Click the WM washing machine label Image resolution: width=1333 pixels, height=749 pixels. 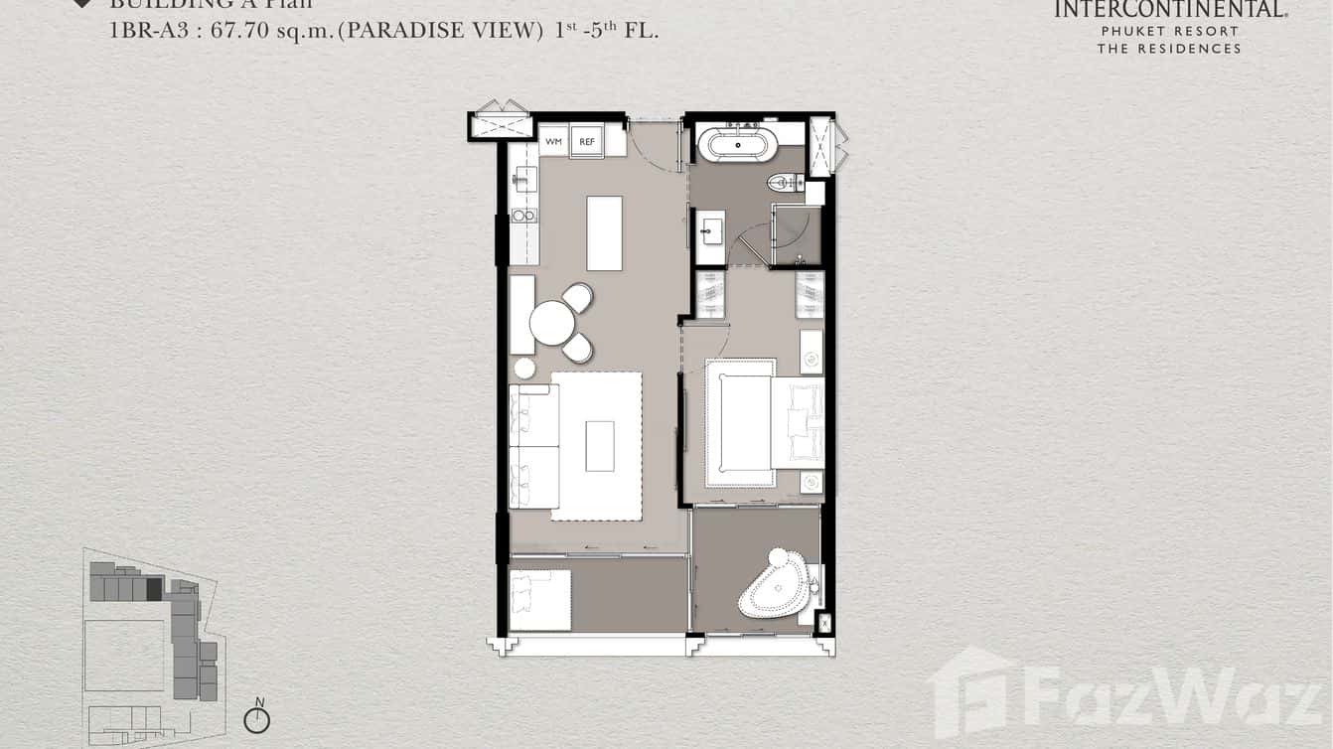[553, 142]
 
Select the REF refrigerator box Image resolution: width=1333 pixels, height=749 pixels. [587, 142]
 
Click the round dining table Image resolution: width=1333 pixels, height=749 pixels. [552, 323]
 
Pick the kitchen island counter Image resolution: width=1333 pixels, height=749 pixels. [604, 233]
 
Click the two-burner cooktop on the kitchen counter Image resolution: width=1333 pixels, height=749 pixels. [522, 215]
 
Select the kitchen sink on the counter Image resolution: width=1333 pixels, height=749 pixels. [522, 179]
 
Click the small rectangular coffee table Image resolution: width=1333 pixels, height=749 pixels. [600, 446]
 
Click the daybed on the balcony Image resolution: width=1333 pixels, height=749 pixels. [540, 600]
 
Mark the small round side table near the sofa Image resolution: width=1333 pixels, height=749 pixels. [524, 369]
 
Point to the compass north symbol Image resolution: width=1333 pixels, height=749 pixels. [257, 718]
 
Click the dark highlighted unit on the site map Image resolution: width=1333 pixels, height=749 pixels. [154, 589]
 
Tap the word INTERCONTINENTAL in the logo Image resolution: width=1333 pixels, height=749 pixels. [1170, 10]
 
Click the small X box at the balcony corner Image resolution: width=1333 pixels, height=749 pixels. [824, 624]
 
